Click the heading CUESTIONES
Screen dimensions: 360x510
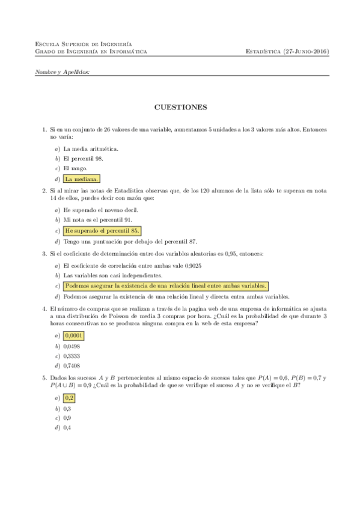(180, 108)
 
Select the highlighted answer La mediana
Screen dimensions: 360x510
(82, 179)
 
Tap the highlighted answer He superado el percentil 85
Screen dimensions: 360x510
(102, 230)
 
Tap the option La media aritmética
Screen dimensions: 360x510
(91, 149)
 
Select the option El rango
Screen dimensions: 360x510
(75, 169)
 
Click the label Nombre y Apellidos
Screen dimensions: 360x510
(63, 72)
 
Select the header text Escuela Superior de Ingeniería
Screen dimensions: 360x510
(85, 45)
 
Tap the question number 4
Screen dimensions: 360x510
(44, 309)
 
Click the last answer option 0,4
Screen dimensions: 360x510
(67, 428)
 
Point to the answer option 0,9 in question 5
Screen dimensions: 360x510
(67, 417)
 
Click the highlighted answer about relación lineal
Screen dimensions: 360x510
(165, 286)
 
